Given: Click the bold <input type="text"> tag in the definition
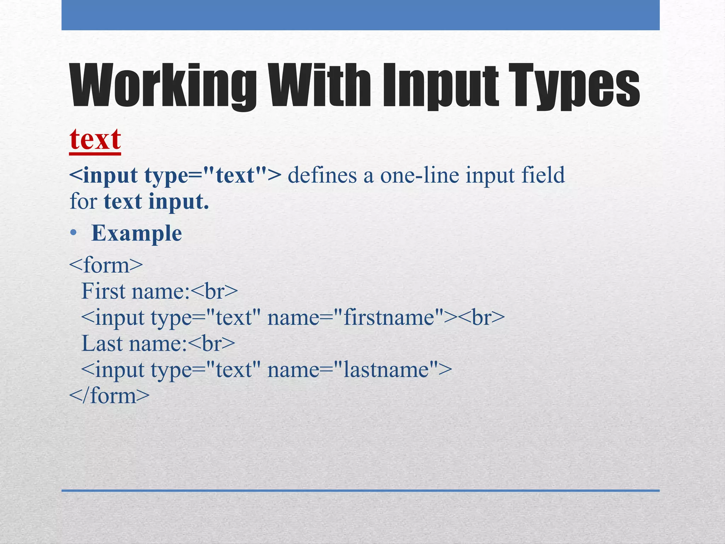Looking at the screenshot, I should coord(175,175).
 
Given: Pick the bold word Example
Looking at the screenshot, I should coord(136,233).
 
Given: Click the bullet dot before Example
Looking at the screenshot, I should coord(73,233).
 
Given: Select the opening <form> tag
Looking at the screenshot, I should coord(106,265).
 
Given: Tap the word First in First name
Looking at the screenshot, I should coord(103,291).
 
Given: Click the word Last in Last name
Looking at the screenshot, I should coord(102,344).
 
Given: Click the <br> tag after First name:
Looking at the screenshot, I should coord(214,291).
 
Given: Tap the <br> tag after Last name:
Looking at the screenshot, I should coord(211,344).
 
